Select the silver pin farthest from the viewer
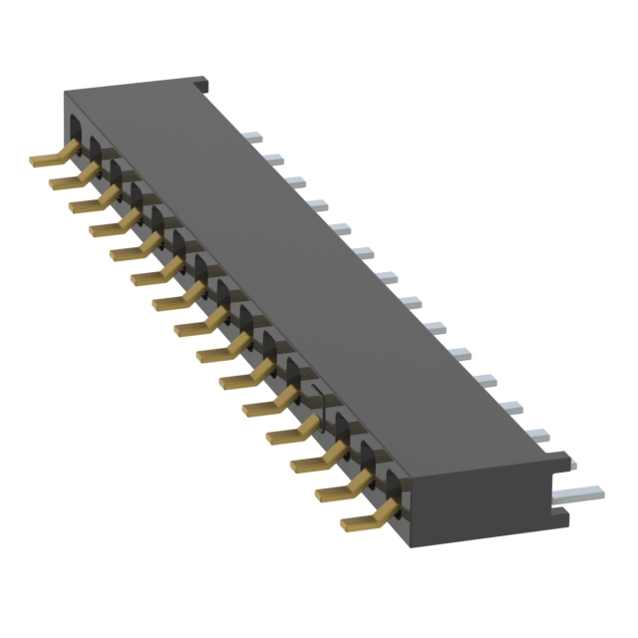click(x=252, y=135)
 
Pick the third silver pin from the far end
click(x=296, y=180)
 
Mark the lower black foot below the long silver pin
click(x=560, y=517)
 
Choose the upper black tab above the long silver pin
click(x=560, y=462)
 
